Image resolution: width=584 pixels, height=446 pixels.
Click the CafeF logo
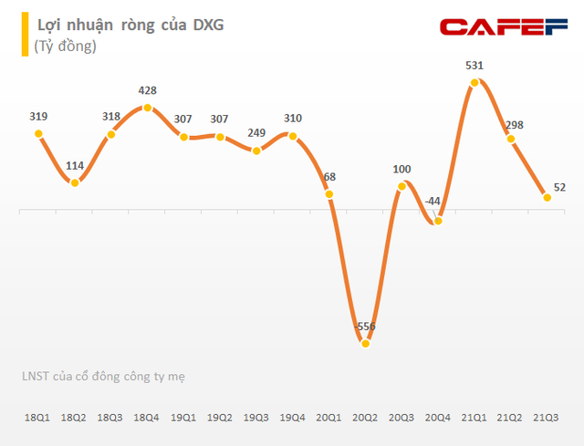coord(504,28)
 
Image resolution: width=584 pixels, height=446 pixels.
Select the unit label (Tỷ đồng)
coord(65,46)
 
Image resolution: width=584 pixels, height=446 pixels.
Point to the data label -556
coord(365,327)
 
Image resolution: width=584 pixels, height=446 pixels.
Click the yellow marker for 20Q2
coord(365,344)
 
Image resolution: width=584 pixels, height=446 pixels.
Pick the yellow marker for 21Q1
coord(474,83)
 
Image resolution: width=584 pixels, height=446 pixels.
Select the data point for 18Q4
coord(147,108)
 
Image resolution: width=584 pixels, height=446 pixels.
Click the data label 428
coord(147,90)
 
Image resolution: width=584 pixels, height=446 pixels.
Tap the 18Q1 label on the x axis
coord(37,417)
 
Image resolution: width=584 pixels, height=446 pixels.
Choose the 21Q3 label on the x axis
coord(547,417)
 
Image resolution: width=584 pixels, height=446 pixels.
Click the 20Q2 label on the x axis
coord(365,417)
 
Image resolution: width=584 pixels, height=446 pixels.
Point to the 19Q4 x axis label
coord(292,417)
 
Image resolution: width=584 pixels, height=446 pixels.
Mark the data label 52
coord(560,188)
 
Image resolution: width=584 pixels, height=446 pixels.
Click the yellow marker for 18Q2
coord(75,182)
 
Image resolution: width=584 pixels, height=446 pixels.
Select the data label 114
coord(75,165)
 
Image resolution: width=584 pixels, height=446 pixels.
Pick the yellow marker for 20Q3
coord(401,187)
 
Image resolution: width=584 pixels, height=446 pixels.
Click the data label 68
coord(328,176)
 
